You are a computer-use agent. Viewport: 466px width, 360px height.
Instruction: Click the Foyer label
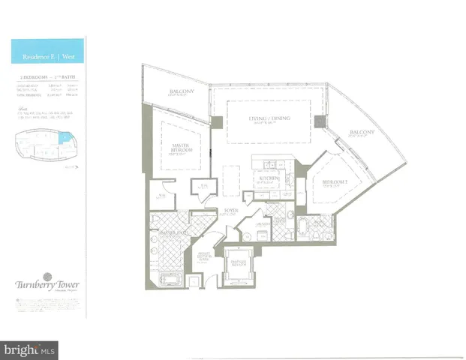click(x=230, y=212)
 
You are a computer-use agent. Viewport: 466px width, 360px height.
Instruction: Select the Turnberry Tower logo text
click(x=46, y=285)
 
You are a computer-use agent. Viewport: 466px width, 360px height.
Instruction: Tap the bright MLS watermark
click(x=31, y=349)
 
